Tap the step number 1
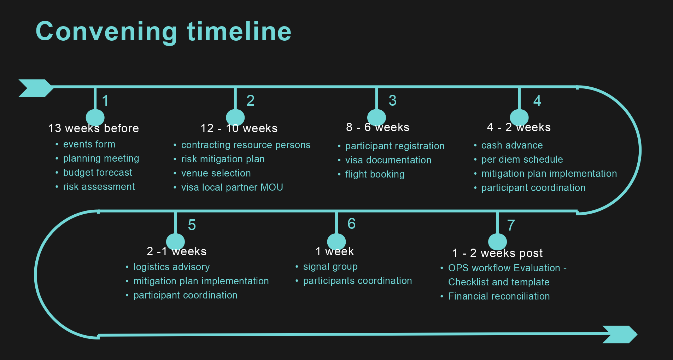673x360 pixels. (105, 101)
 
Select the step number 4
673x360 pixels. (537, 101)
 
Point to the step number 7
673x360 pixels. (511, 225)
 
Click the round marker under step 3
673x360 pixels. (376, 117)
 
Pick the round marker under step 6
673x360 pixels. (336, 242)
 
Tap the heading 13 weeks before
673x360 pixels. (94, 128)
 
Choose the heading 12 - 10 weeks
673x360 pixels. (239, 128)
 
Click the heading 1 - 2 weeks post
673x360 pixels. (497, 253)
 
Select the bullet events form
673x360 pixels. (89, 144)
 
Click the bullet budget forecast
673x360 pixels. (98, 173)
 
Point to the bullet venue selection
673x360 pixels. (216, 173)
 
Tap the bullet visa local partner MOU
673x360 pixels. (232, 187)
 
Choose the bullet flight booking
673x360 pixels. (375, 174)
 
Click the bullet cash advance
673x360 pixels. (512, 145)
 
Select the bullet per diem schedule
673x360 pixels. (522, 159)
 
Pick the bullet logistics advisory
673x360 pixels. (171, 267)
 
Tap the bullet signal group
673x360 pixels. (330, 267)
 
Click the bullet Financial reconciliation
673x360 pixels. (499, 296)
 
